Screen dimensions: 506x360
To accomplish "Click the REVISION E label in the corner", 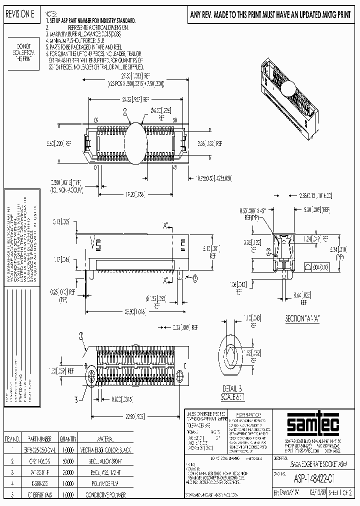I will [19, 15].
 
